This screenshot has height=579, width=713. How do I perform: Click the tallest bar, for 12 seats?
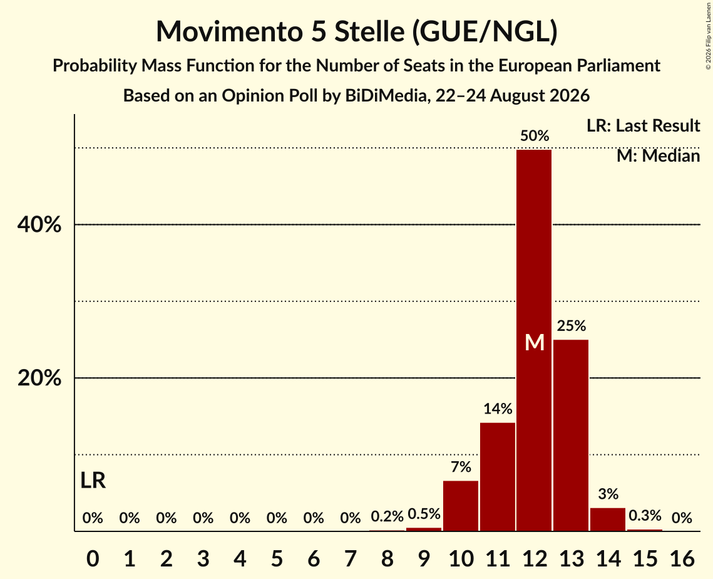534,340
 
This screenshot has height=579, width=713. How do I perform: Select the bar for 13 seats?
571,435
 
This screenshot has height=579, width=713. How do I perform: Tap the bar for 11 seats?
498,477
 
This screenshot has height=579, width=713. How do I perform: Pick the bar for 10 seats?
461,506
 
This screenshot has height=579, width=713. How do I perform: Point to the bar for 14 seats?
607,519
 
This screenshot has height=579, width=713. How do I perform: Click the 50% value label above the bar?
535,135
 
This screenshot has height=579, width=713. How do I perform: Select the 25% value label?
572,325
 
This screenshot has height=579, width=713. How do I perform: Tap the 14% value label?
498,409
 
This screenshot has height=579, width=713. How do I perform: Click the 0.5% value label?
424,514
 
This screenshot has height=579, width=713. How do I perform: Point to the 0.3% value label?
645,515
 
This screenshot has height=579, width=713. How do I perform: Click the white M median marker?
535,342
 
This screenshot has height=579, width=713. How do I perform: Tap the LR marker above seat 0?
93,480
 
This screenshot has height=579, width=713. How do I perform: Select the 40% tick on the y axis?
39,224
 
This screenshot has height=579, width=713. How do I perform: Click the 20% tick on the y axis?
39,378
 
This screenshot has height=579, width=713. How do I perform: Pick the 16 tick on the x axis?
682,558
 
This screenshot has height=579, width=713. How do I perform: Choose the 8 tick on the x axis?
387,558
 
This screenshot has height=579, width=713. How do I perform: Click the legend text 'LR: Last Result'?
644,125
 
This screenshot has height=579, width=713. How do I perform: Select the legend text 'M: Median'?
659,156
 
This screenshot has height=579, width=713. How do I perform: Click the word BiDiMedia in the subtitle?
382,96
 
